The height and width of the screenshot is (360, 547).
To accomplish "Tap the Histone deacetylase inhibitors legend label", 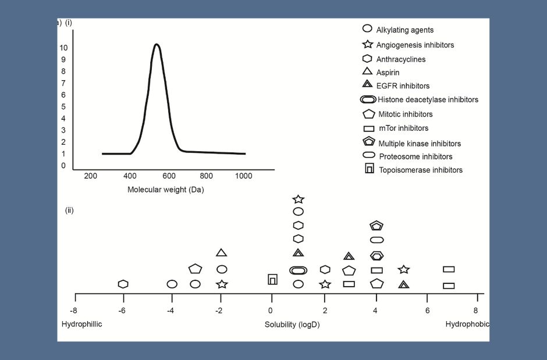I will point(428,100).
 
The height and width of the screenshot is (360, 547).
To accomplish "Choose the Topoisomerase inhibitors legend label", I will point(420,170).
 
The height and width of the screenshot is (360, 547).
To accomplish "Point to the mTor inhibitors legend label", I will point(403,129).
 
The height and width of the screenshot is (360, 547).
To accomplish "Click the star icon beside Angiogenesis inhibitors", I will point(367,44).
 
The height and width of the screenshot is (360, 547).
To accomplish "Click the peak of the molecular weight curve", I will point(157,44).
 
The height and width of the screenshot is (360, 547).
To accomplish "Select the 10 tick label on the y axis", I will point(63,48).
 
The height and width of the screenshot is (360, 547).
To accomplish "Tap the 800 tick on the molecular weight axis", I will point(207,176).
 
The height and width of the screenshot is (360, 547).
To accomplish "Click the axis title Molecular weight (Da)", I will point(166,190).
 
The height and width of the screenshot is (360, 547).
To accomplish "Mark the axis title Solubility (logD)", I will point(292,325).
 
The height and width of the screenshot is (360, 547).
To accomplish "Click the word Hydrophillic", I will point(81,324).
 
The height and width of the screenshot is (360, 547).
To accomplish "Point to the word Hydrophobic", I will point(467,324).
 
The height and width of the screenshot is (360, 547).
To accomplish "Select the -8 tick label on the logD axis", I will point(74,311).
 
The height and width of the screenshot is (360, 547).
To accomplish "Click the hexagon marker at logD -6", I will point(123,284).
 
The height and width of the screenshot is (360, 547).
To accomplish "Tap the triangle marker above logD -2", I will point(221,252).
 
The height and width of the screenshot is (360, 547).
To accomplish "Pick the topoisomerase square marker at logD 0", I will point(272,280).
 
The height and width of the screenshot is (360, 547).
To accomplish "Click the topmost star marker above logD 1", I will point(298,199).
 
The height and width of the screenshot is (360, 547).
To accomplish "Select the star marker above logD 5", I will point(404,269).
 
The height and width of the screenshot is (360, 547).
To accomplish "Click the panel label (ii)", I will point(69,210).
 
